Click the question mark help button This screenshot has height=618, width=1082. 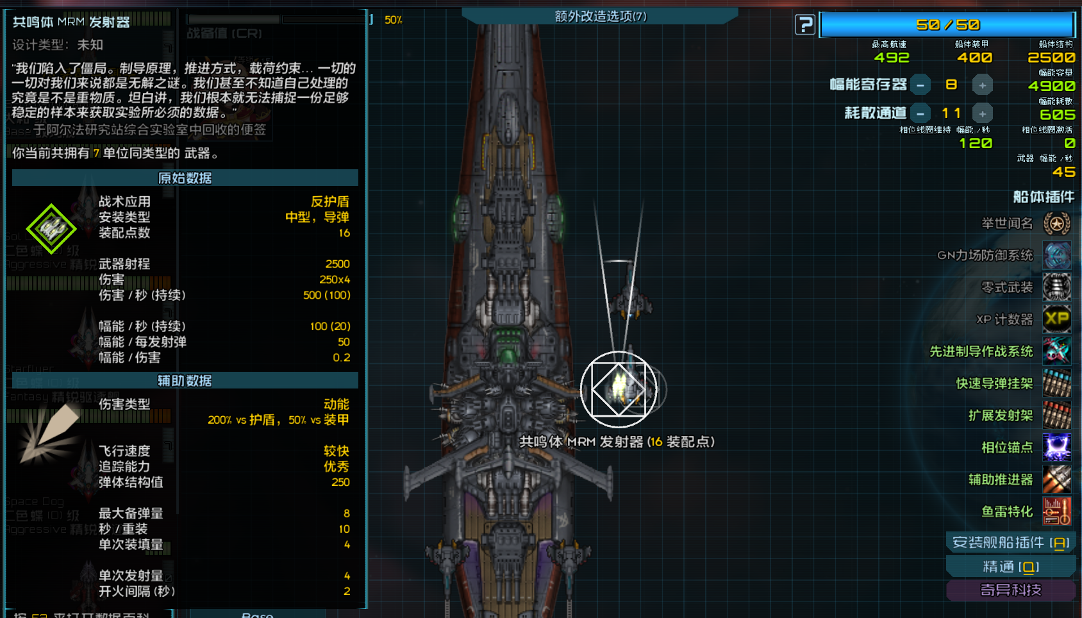coord(804,25)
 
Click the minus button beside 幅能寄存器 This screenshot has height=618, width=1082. coord(920,85)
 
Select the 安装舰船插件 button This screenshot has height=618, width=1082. coord(1011,542)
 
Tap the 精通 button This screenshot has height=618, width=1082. coord(1011,567)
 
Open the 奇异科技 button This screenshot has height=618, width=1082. coord(1011,590)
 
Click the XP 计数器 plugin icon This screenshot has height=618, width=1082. coord(1056,319)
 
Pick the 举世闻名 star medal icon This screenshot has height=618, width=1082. coord(1056,223)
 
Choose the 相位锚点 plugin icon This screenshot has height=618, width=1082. coord(1056,447)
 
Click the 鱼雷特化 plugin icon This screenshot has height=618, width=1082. coord(1056,512)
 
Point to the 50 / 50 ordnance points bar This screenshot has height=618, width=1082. coord(947,25)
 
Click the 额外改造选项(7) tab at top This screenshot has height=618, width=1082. coord(600,16)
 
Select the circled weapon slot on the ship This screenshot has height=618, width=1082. coord(619,389)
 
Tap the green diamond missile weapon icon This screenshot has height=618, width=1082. coord(51,229)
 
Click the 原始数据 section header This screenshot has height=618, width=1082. coord(185,178)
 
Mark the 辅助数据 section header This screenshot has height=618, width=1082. coord(185,381)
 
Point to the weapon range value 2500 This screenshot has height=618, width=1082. coord(337,264)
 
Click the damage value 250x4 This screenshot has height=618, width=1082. coord(335,280)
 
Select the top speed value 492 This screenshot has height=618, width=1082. coord(892,58)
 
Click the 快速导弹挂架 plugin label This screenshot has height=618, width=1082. coord(994,383)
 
